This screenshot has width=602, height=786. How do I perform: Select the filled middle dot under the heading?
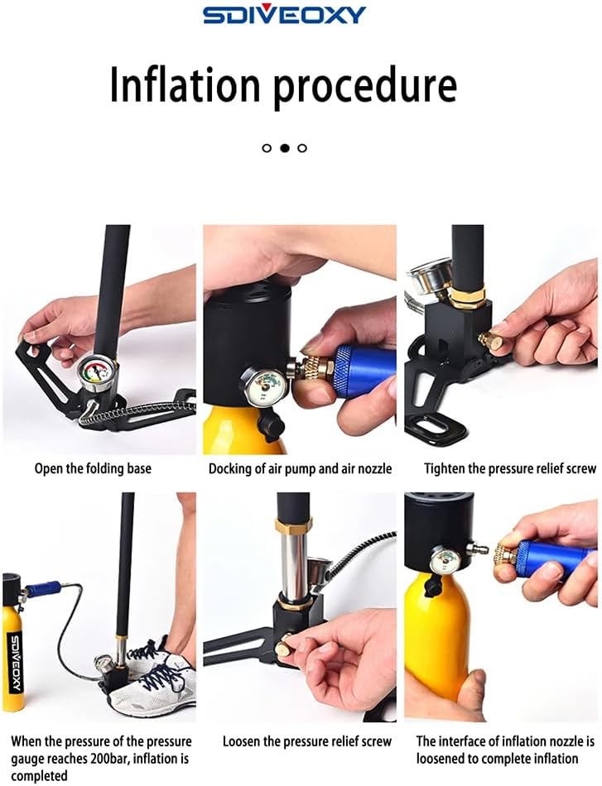tap(284, 148)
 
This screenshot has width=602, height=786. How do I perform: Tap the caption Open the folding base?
tap(93, 468)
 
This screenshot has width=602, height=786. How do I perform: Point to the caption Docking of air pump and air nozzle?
tap(299, 468)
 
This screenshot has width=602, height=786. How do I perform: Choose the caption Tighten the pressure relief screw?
tap(510, 468)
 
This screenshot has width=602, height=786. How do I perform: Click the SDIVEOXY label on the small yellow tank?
tap(15, 654)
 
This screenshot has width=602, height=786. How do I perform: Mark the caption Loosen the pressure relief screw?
tap(307, 741)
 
